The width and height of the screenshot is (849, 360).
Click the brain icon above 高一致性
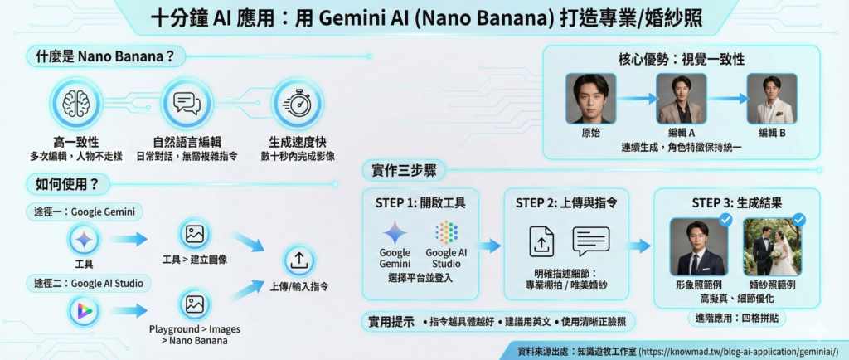[76, 102]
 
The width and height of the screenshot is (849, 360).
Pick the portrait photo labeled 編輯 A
[680, 99]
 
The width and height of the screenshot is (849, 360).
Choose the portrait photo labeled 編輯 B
[771, 99]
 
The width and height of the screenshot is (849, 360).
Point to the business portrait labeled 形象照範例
[698, 246]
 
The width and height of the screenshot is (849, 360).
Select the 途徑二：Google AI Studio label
[89, 284]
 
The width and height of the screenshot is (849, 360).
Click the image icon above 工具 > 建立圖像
[195, 236]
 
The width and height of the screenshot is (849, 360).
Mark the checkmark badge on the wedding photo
[799, 220]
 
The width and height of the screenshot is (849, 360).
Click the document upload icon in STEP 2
[541, 241]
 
